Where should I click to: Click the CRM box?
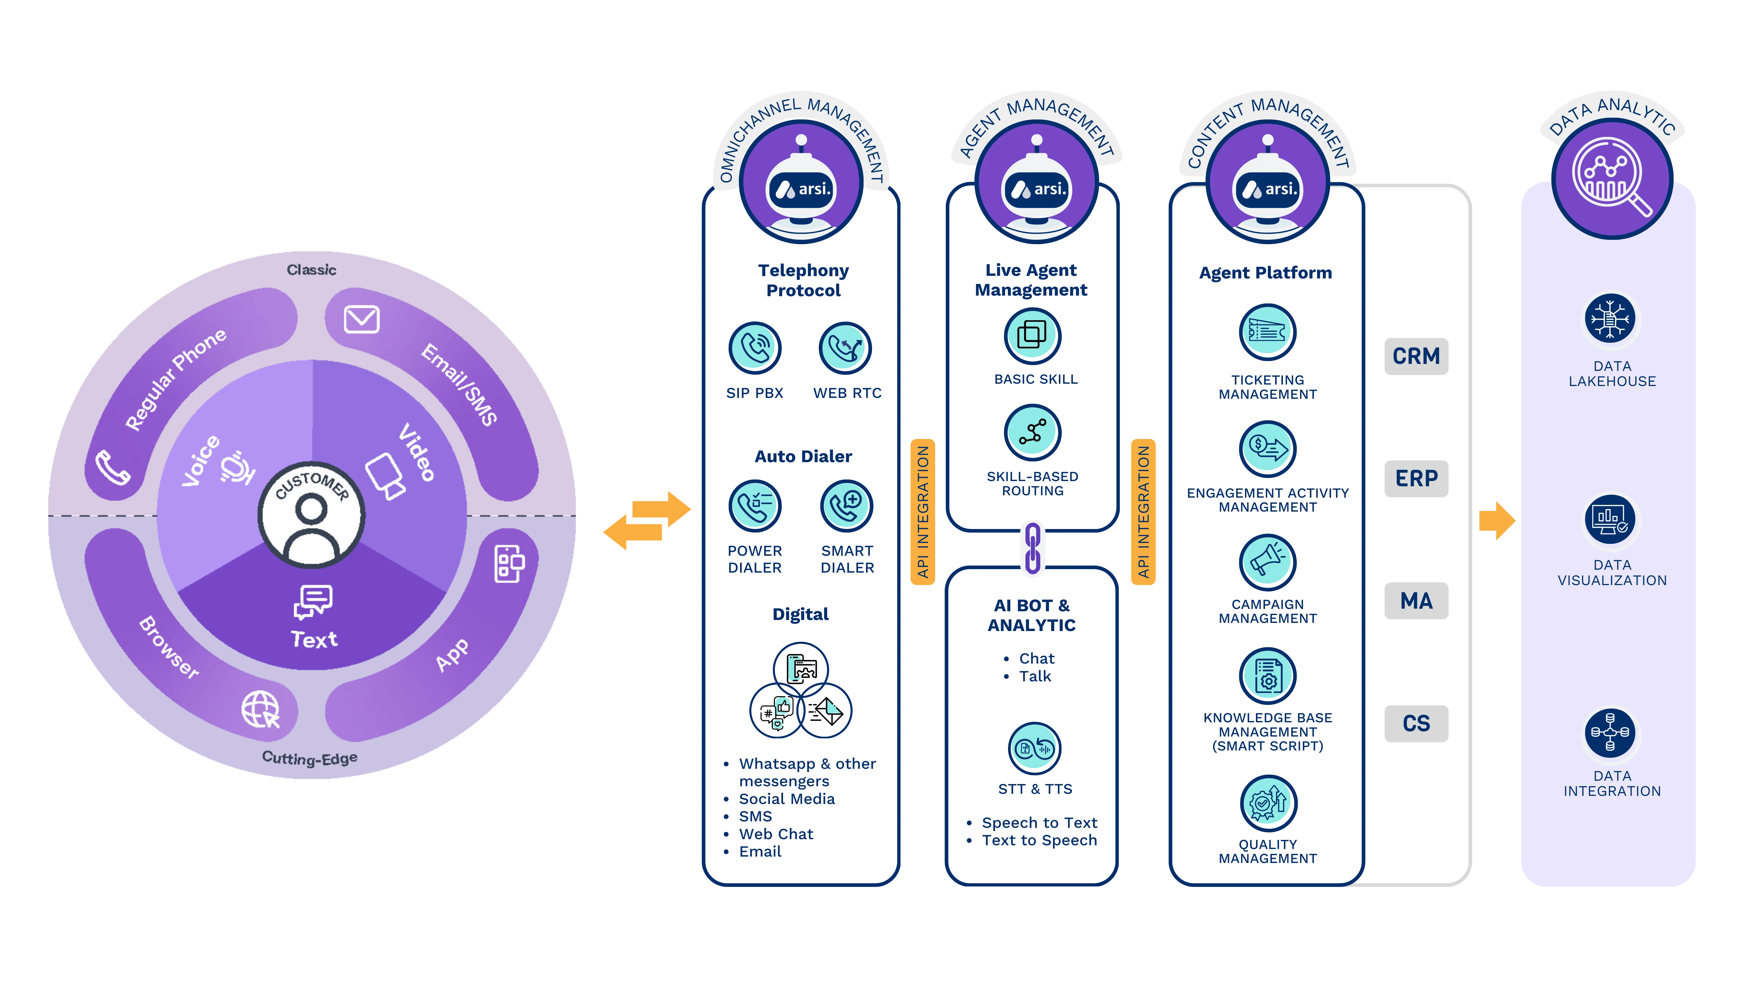coord(1416,356)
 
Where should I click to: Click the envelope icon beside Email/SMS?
coord(362,319)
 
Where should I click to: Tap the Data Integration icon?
coord(1610,732)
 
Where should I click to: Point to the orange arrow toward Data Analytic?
coord(1496,520)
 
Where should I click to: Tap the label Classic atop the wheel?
coord(311,269)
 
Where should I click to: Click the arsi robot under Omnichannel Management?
coord(802,186)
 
